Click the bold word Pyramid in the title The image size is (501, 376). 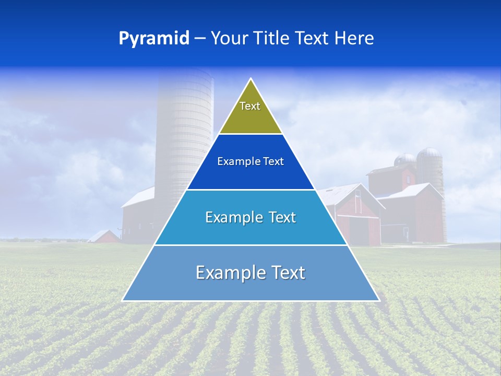[x=154, y=39]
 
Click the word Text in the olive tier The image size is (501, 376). [x=250, y=106]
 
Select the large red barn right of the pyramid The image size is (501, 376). [x=355, y=214]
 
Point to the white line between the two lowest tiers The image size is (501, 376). [x=250, y=245]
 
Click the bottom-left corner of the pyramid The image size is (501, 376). [x=123, y=300]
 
